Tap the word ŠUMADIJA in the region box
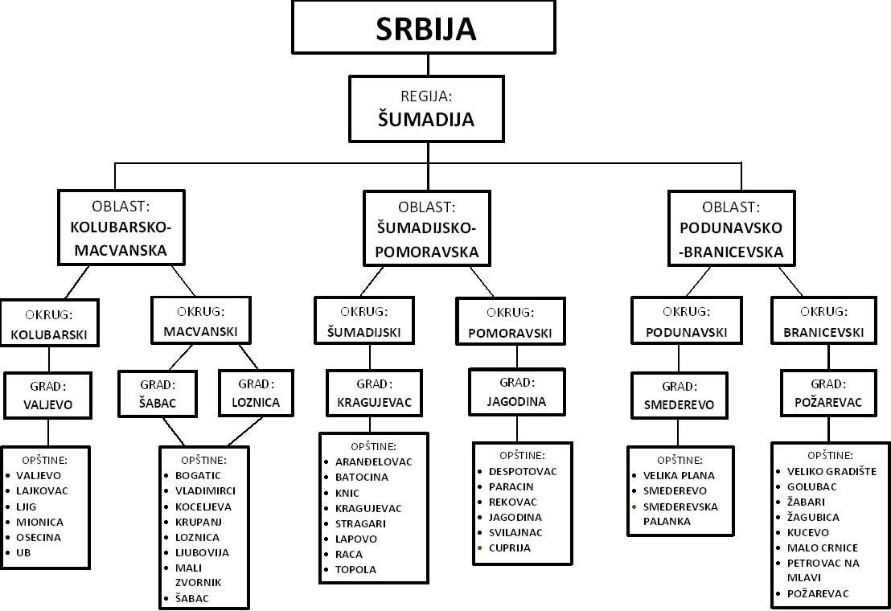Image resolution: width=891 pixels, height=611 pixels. pos(426,120)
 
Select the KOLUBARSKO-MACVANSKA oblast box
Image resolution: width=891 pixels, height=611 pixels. pos(121,228)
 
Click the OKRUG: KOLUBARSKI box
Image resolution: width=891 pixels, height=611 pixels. pos(49,322)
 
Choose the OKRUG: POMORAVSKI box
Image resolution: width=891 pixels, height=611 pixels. pos(509,322)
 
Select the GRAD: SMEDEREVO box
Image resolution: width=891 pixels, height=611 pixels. pos(679,395)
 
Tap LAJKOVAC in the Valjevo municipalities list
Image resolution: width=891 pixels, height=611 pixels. pos(42,490)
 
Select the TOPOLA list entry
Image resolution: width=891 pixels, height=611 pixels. pos(355,569)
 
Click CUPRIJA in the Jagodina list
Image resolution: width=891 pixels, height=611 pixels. pos(509,547)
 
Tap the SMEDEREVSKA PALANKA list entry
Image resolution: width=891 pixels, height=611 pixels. pos(680,514)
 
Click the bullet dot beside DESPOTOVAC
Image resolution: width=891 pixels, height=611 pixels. pos(481,471)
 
